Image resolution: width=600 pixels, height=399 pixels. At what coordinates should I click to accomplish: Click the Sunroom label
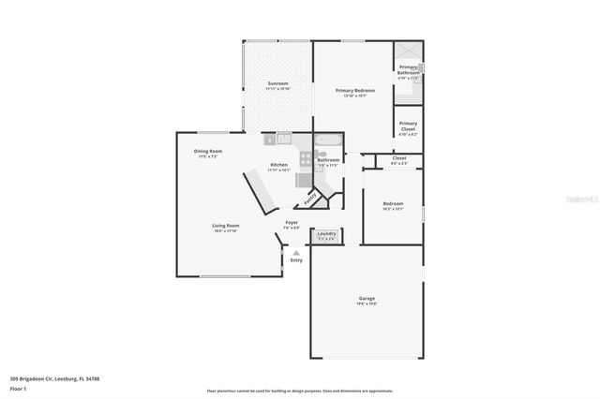coord(277,84)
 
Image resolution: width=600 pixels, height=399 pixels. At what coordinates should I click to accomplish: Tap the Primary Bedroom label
coord(355,91)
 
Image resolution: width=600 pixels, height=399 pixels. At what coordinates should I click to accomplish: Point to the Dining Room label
coord(207,152)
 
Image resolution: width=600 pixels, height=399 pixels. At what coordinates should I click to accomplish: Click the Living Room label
coord(225,226)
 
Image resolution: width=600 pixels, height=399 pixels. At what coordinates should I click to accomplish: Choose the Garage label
coord(366,300)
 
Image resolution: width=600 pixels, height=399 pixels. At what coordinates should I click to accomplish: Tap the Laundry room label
coord(326,234)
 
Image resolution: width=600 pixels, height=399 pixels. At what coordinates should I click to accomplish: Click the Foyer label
coord(292,223)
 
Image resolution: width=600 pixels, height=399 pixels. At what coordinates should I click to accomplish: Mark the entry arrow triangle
coord(296,252)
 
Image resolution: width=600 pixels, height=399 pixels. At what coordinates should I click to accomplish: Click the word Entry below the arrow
coord(296,259)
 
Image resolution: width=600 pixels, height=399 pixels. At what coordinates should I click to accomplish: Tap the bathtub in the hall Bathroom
coord(328,142)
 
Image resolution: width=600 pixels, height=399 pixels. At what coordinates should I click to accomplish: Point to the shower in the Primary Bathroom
coord(408,52)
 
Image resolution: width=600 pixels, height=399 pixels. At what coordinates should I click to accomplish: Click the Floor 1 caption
coord(18,388)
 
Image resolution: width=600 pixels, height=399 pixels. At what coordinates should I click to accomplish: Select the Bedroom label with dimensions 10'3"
coord(392,204)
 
